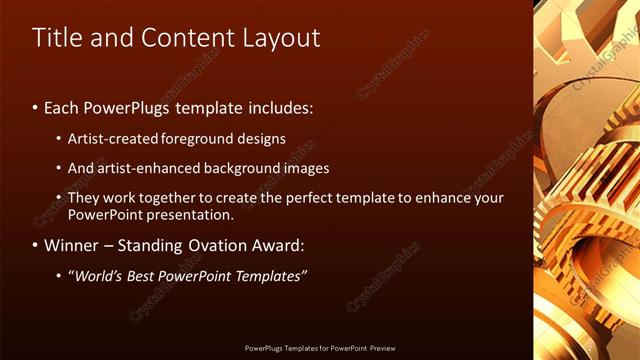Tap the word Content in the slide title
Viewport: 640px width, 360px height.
tap(191, 38)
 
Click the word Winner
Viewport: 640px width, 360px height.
tap(73, 245)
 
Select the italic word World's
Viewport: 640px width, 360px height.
tap(99, 275)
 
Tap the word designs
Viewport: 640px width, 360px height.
tap(266, 139)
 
